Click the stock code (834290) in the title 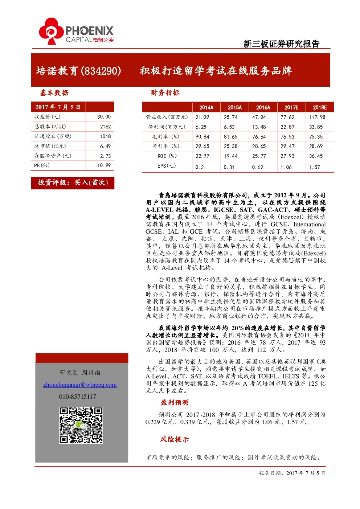tap(101, 71)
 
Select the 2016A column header tap(263, 107)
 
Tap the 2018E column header tap(320, 107)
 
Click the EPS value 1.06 tap(286, 167)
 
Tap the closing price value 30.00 tap(104, 117)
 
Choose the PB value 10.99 tap(104, 165)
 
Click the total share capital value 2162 tap(106, 127)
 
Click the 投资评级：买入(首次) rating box tap(73, 183)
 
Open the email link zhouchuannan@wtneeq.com tap(80, 385)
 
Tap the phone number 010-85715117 tap(77, 397)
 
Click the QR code tap(81, 425)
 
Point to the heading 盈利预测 tap(175, 403)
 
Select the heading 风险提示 tap(175, 439)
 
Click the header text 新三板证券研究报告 tap(281, 44)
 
